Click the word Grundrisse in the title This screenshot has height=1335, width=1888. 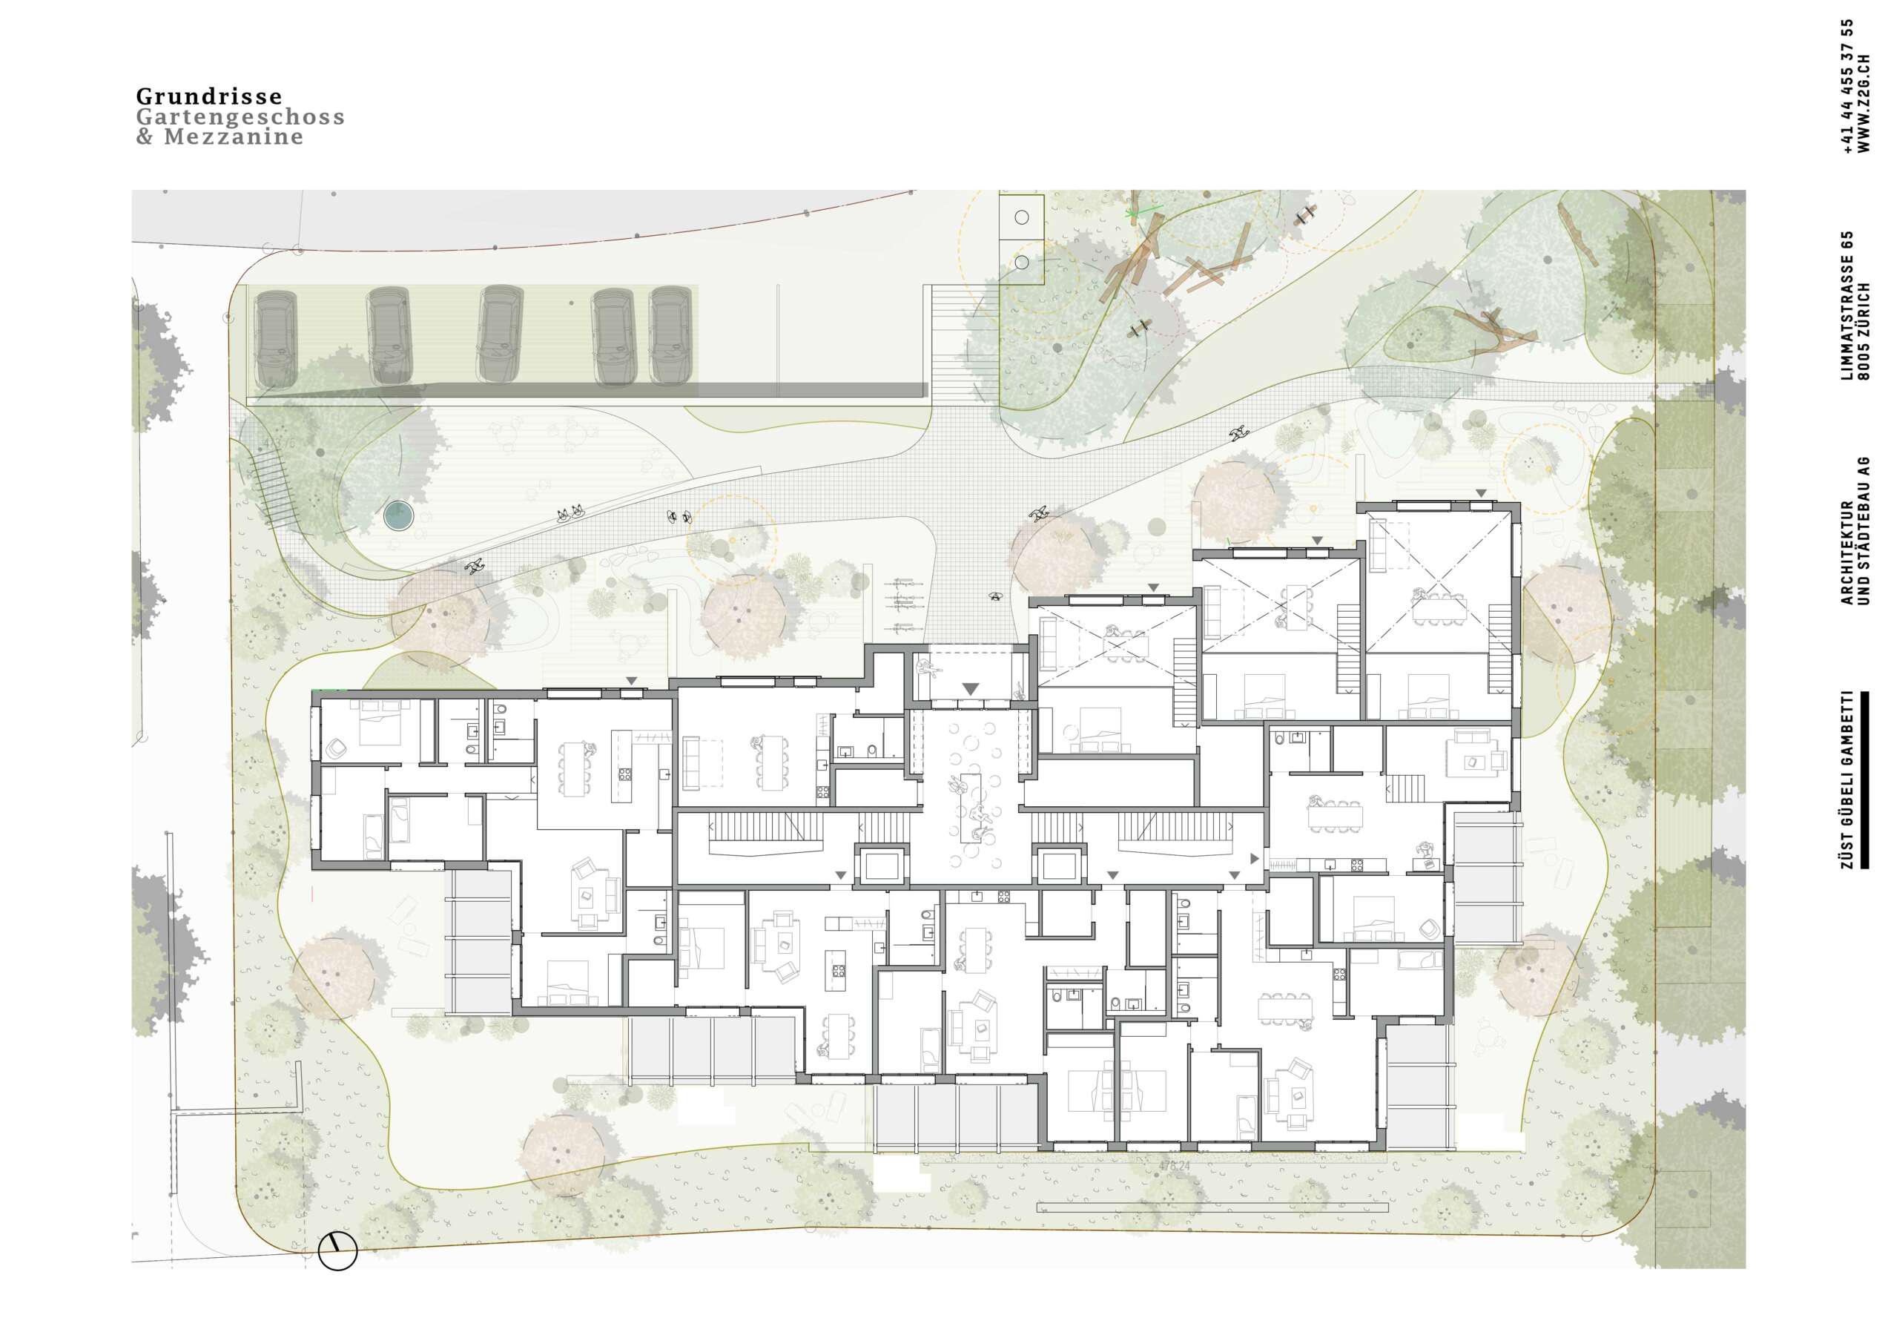[x=209, y=96]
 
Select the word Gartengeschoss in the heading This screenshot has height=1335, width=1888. [x=240, y=116]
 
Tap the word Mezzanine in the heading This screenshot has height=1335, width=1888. [x=234, y=136]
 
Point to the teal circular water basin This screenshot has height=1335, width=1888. [x=399, y=515]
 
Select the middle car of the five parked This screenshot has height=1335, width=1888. [x=501, y=334]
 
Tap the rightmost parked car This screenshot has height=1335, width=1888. [x=670, y=335]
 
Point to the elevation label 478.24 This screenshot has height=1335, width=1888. [x=1174, y=1166]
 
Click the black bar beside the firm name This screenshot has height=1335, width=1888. [x=1865, y=779]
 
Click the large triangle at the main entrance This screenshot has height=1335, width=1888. [x=971, y=688]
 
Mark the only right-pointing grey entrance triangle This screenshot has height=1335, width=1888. [x=1254, y=859]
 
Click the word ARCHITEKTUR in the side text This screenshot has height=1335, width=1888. [x=1847, y=553]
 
